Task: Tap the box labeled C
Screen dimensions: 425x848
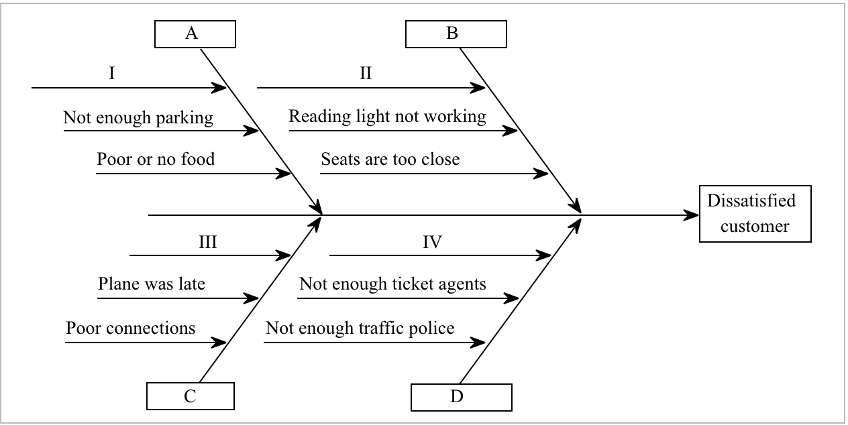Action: pyautogui.click(x=191, y=396)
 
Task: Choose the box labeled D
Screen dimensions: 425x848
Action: pyautogui.click(x=457, y=396)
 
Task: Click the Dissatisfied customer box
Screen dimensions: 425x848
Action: pyautogui.click(x=755, y=214)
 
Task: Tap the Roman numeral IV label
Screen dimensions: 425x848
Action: pyautogui.click(x=432, y=242)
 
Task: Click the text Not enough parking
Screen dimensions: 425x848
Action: pyautogui.click(x=138, y=119)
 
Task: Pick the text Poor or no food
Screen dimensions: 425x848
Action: pyautogui.click(x=156, y=160)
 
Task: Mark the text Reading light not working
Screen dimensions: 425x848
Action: pyautogui.click(x=387, y=117)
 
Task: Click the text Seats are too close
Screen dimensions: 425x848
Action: pyautogui.click(x=390, y=160)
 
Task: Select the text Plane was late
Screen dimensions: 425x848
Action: pyautogui.click(x=152, y=284)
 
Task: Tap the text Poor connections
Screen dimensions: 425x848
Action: pyautogui.click(x=131, y=328)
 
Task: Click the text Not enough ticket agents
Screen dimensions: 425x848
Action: pyautogui.click(x=392, y=284)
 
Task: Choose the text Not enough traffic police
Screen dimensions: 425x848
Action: pyautogui.click(x=360, y=328)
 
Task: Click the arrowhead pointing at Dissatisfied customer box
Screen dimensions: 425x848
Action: pyautogui.click(x=691, y=215)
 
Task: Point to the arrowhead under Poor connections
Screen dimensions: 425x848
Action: pyautogui.click(x=219, y=343)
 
